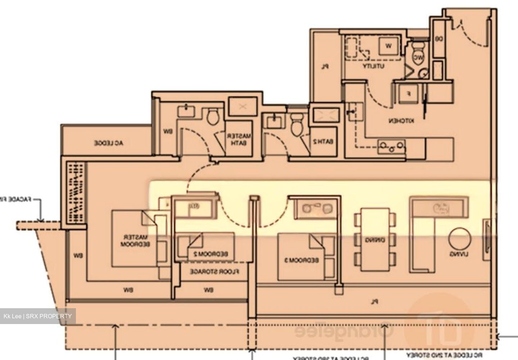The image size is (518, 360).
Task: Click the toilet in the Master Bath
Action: pyautogui.click(x=213, y=117)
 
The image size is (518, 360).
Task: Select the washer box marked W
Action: pyautogui.click(x=388, y=46)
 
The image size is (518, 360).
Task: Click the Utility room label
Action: pyautogui.click(x=374, y=67)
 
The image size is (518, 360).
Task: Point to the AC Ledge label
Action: pyautogui.click(x=109, y=143)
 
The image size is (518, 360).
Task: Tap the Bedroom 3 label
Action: pyautogui.click(x=302, y=259)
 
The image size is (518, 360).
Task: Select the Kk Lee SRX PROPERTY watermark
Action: pyautogui.click(x=38, y=316)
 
